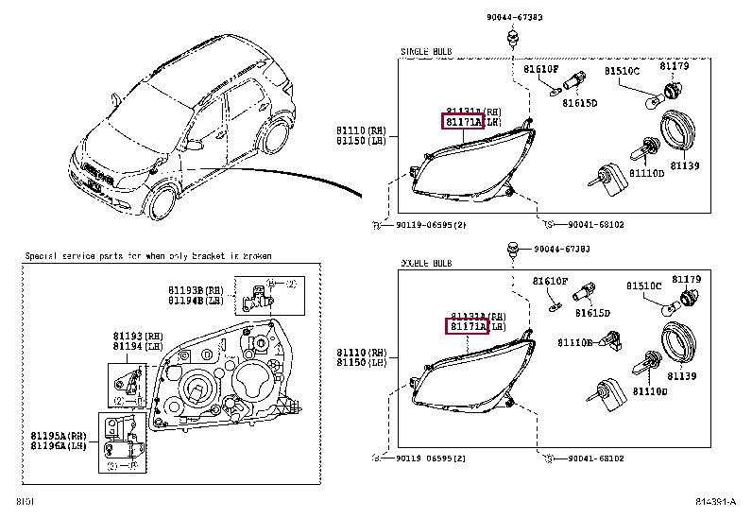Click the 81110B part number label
574,343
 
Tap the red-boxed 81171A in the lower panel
467,326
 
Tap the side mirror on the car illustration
197,144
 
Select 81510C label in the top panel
622,71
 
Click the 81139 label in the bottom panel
682,375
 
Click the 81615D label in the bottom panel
592,312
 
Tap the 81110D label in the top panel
648,174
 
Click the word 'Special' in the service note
43,256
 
